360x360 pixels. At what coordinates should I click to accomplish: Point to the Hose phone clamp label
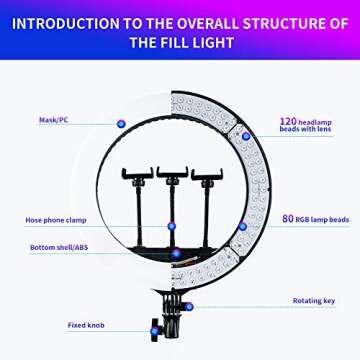(x=54, y=219)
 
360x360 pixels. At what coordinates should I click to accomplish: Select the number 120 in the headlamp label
(x=287, y=122)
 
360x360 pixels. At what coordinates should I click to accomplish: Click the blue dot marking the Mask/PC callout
(x=119, y=122)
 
